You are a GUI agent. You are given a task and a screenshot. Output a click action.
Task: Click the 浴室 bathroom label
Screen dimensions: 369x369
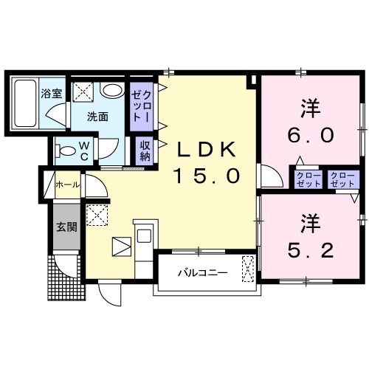(x=52, y=94)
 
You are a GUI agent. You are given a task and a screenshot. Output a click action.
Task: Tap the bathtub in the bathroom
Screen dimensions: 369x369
(x=25, y=103)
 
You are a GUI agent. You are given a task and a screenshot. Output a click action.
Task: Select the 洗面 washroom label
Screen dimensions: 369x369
(x=97, y=117)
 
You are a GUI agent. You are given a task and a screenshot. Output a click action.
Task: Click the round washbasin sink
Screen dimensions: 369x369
(x=111, y=91)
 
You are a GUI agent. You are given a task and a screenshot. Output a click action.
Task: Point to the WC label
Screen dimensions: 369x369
(x=84, y=151)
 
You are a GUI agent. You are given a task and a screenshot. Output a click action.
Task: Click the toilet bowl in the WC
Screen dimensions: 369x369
(x=66, y=151)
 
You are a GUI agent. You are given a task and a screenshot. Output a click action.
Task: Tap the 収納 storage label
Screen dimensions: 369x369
(x=145, y=151)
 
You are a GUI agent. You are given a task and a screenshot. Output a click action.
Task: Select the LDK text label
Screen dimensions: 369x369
(x=206, y=149)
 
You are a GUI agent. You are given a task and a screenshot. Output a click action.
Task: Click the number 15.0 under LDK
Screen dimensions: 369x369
(x=207, y=176)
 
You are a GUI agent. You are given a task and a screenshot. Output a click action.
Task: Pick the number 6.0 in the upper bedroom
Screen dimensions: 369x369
(x=311, y=135)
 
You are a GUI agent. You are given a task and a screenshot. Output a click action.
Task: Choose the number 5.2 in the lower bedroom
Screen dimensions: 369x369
(x=311, y=249)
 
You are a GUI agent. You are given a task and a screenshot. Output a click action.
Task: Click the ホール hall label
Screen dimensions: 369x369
(x=68, y=184)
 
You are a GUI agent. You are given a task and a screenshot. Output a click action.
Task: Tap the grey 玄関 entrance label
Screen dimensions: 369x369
(x=66, y=227)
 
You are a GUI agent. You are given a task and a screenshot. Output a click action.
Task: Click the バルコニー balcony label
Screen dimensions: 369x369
(x=203, y=273)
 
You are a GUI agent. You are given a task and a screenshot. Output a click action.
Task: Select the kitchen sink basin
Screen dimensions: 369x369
(x=143, y=235)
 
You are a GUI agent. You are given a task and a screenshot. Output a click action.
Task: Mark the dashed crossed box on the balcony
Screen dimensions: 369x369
(x=248, y=269)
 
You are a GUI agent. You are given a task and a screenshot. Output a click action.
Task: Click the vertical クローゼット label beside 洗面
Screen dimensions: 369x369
(x=141, y=106)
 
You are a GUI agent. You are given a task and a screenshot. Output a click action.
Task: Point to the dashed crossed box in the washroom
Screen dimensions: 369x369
(x=83, y=91)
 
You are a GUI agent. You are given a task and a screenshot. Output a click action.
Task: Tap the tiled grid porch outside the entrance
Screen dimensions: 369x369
(x=67, y=277)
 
